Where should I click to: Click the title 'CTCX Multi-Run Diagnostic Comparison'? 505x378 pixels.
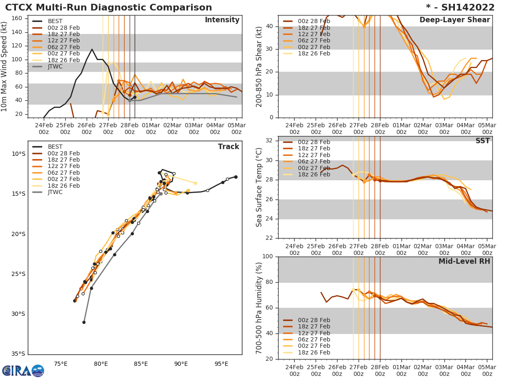[109, 8]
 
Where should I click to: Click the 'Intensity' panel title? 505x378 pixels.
[222, 20]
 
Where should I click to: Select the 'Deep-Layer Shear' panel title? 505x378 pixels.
[454, 20]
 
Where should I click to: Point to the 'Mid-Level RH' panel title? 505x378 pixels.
[464, 261]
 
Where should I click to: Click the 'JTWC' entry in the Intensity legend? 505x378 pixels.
[55, 67]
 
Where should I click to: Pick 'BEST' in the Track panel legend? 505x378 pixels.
[55, 147]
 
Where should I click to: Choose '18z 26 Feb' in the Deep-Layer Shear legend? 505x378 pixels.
[314, 54]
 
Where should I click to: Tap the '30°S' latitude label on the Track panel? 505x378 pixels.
[18, 314]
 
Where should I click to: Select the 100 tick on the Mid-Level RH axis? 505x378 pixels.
[268, 257]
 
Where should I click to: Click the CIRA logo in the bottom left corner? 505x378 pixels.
[23, 371]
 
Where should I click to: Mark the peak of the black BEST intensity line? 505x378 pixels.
[92, 49]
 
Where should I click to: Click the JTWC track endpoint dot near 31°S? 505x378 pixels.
[84, 323]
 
